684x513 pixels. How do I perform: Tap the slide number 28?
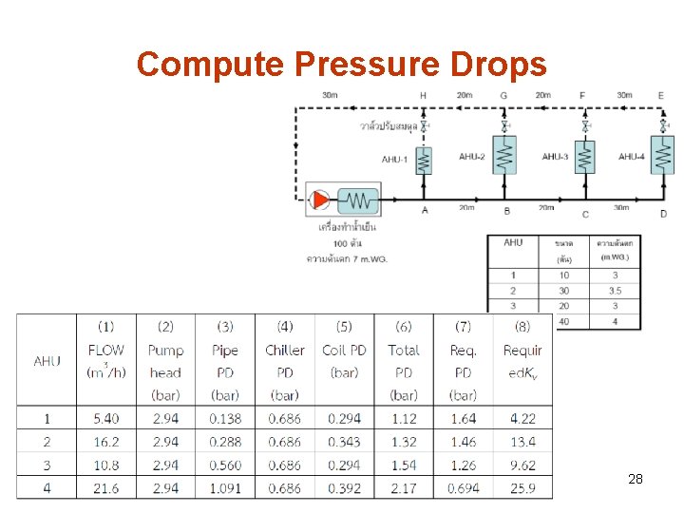(x=636, y=480)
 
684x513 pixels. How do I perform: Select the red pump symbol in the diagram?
(x=320, y=199)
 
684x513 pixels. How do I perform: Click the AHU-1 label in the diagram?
(x=395, y=159)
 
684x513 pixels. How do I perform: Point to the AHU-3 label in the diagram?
(x=556, y=157)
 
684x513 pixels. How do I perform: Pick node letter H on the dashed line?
(x=423, y=95)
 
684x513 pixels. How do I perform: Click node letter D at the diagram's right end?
(x=663, y=214)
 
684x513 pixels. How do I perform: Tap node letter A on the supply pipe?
(x=424, y=210)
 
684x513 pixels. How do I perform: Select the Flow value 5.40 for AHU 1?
(x=105, y=418)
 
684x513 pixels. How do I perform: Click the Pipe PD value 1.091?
(x=225, y=488)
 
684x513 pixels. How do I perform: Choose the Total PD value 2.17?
(x=404, y=488)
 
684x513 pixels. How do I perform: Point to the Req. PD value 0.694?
(x=463, y=488)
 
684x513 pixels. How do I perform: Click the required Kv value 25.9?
(x=522, y=488)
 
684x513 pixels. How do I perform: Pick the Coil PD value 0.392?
(x=344, y=488)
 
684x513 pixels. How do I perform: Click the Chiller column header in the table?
(x=285, y=351)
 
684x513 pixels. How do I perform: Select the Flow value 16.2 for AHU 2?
(x=105, y=442)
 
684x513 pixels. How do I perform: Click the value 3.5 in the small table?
(x=615, y=291)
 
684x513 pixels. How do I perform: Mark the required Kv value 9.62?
(x=522, y=465)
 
